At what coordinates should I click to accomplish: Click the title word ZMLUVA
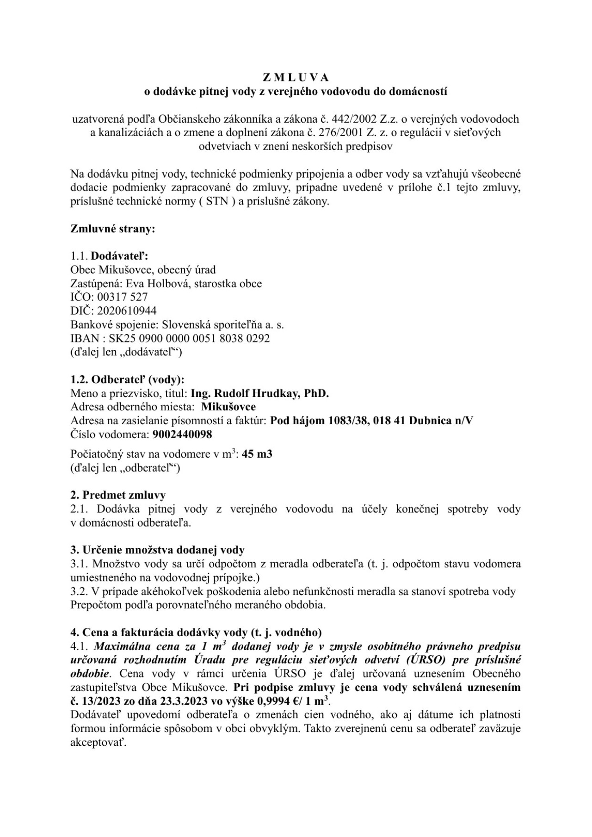click(296, 77)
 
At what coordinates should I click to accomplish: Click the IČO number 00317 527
click(123, 297)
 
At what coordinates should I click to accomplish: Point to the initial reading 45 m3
click(257, 454)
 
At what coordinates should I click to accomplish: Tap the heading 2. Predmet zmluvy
click(118, 495)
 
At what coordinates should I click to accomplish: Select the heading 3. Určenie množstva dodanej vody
click(157, 550)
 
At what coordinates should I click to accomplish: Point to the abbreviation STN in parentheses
click(217, 202)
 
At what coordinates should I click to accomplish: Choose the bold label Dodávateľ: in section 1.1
click(119, 256)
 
